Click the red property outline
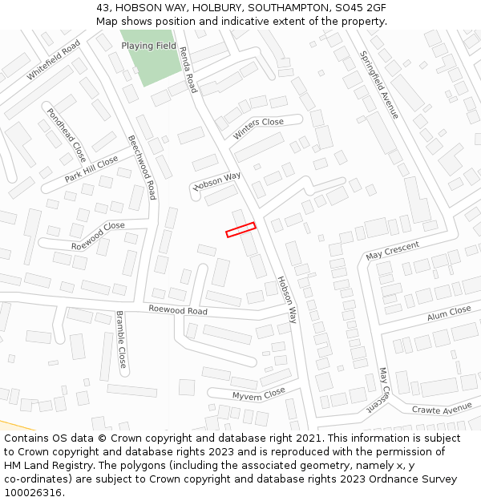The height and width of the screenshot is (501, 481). [x=240, y=230]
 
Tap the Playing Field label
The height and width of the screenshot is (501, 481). [x=148, y=46]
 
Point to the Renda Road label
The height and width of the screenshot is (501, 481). [x=188, y=69]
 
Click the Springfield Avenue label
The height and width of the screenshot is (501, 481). [x=379, y=85]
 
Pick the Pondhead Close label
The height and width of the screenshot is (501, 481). [x=66, y=135]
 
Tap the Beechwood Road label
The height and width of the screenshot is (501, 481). [x=142, y=167]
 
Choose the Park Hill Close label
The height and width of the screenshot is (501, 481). [x=91, y=169]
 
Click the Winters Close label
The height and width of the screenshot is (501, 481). [x=258, y=128]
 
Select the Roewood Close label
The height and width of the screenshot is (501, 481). [x=98, y=236]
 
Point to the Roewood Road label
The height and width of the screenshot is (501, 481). [x=178, y=310]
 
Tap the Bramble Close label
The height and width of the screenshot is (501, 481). [x=121, y=339]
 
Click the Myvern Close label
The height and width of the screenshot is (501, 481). [x=259, y=394]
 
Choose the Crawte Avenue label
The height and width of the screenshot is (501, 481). [x=442, y=409]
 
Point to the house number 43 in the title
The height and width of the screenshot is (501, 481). [x=103, y=7]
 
